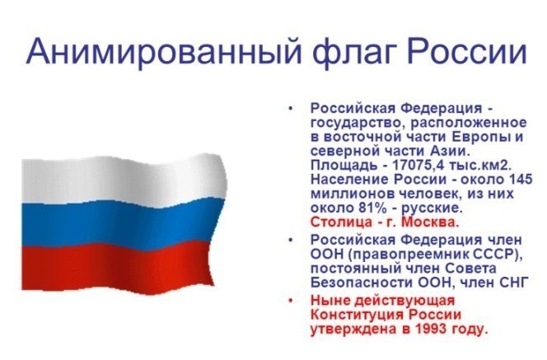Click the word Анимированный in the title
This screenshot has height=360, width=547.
coord(163,51)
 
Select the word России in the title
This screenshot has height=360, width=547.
coord(466,50)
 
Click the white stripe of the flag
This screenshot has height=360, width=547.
coord(122,179)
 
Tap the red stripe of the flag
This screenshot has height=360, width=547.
coord(117,267)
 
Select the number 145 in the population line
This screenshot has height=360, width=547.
coord(521,180)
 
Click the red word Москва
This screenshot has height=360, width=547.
coord(430,222)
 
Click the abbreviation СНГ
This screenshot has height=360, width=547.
coord(512,283)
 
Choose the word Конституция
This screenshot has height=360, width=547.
coord(358,315)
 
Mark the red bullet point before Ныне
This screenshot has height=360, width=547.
coord(290,301)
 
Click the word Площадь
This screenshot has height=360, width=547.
coord(344,166)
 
